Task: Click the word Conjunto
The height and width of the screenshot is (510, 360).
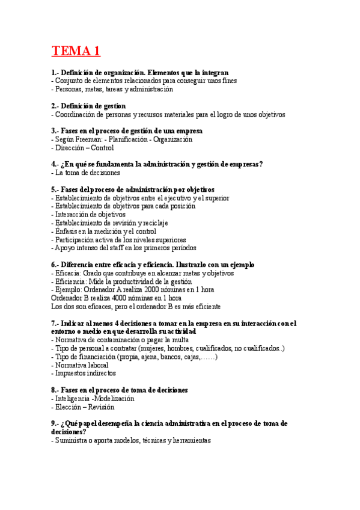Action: pyautogui.click(x=70, y=81)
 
